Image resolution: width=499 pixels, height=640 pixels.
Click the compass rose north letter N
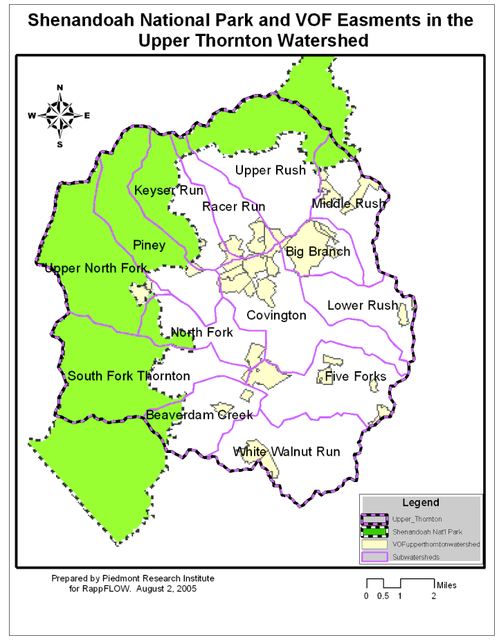[60, 87]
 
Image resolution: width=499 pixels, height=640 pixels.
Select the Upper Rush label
[270, 170]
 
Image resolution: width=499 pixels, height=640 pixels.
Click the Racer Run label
[233, 206]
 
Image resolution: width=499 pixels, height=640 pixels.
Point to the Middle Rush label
[348, 204]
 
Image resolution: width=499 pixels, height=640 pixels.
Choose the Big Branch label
[318, 251]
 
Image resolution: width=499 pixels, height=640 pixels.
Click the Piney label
[149, 245]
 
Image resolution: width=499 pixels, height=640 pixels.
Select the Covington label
[276, 315]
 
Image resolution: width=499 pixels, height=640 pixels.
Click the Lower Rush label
[362, 305]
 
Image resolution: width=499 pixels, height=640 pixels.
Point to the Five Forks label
[356, 376]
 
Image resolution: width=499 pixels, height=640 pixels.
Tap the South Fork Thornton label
[128, 376]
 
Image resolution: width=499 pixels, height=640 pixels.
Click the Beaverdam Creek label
[199, 416]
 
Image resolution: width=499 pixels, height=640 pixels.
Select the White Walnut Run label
[287, 452]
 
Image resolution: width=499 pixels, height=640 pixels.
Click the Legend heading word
[420, 502]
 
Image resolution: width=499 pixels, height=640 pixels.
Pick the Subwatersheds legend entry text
[415, 557]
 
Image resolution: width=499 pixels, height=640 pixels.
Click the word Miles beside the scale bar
[446, 585]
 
